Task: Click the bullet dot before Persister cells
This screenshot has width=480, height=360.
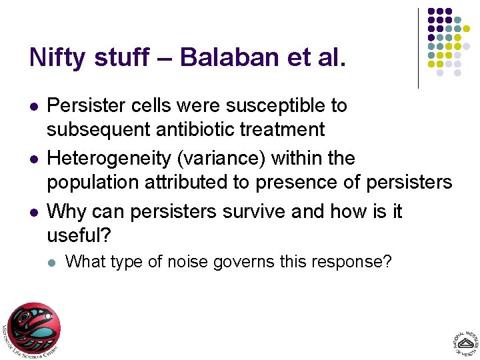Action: tap(33, 107)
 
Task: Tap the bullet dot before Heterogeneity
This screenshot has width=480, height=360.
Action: tap(33, 160)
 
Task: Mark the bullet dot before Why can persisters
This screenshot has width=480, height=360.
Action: tap(33, 213)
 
